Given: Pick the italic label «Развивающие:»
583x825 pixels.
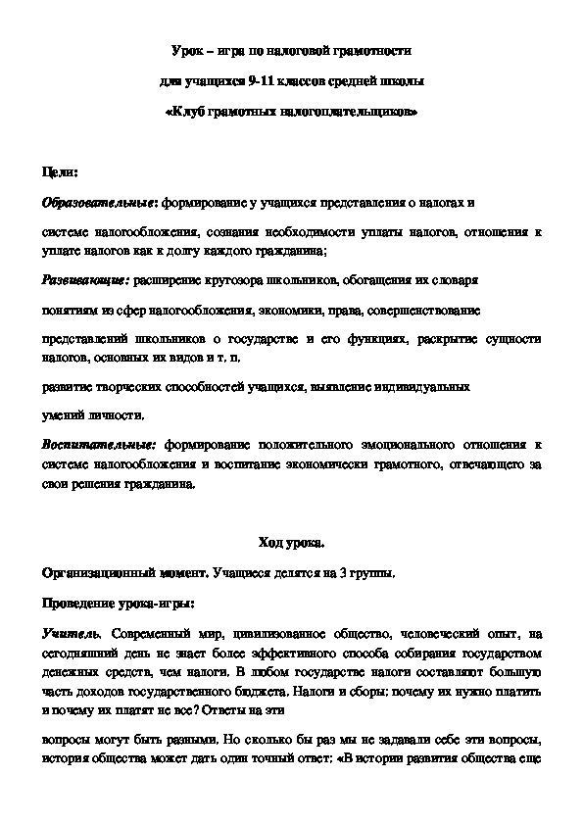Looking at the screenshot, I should (86, 279).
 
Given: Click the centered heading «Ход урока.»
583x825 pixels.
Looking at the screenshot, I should (291, 542).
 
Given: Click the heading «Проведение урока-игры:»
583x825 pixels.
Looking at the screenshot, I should (119, 602).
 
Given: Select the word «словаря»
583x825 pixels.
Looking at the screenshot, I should (455, 279).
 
